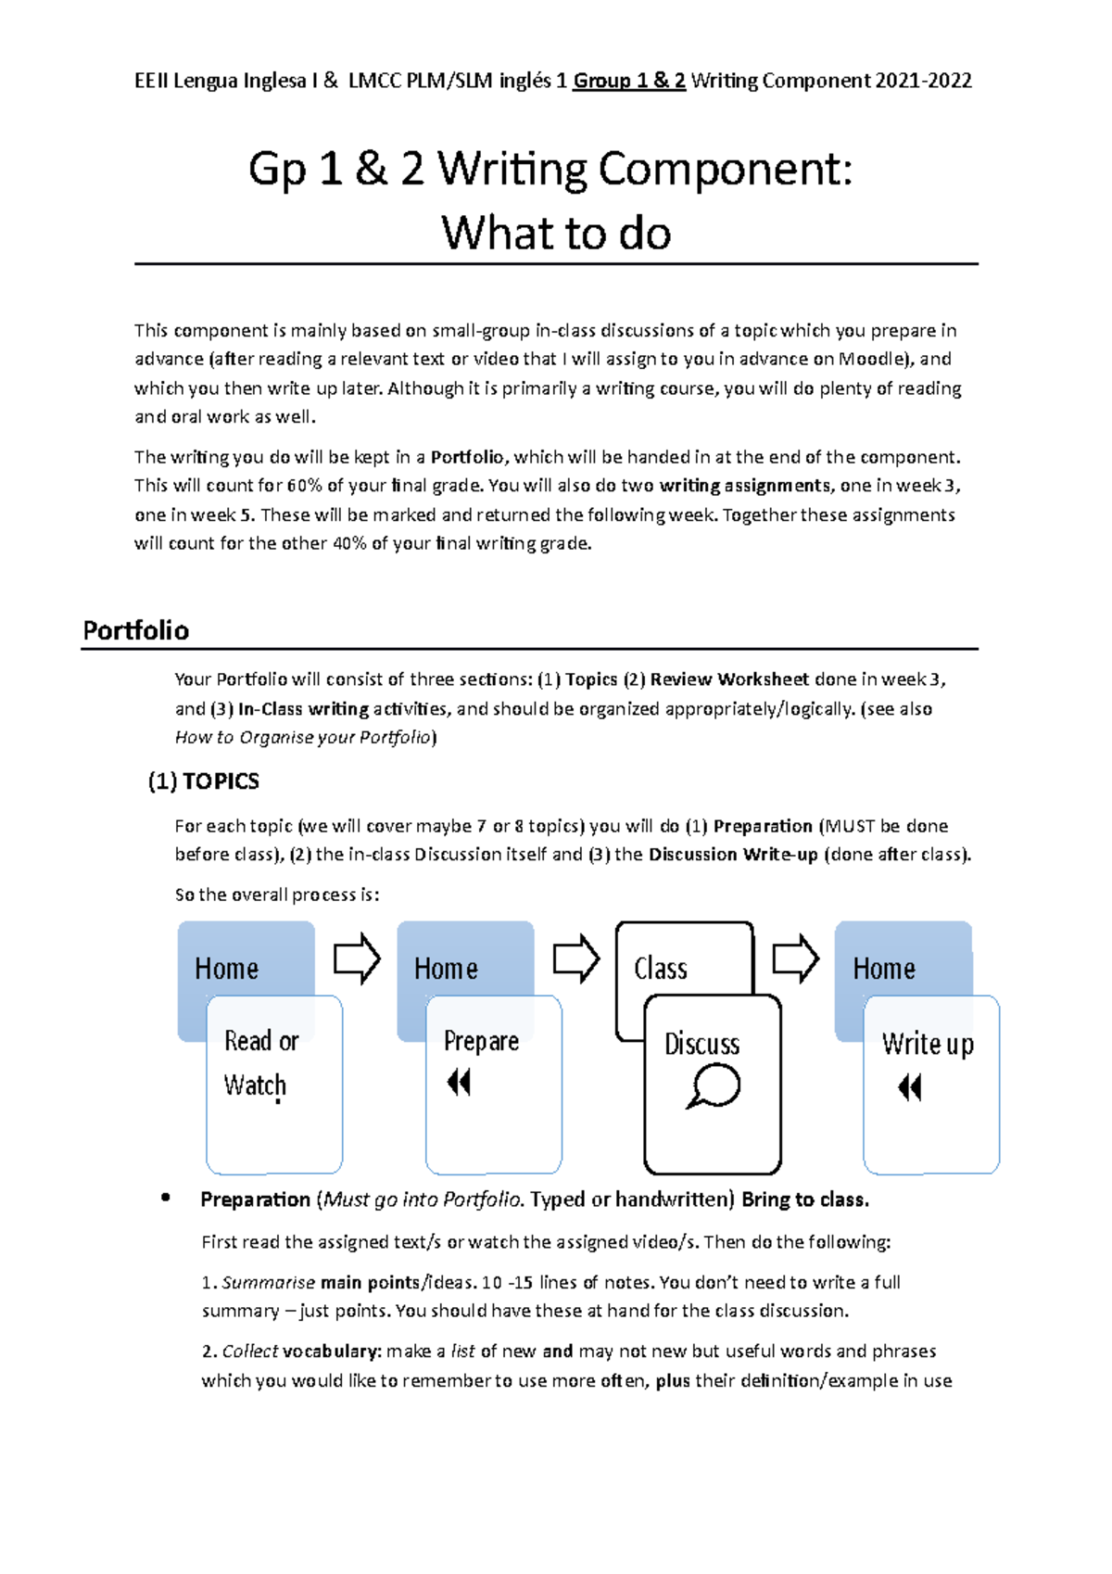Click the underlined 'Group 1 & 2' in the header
[629, 81]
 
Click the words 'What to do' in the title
[556, 233]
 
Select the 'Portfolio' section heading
[136, 630]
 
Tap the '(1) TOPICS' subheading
[204, 781]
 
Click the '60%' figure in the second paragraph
[305, 486]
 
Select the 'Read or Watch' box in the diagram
[273, 1083]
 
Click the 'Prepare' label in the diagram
[481, 1041]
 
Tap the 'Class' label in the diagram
[661, 969]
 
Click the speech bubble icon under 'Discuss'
[714, 1085]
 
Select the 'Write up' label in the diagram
[928, 1044]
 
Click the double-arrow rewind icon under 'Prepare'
[460, 1082]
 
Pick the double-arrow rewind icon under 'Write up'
[910, 1087]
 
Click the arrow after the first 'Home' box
[357, 958]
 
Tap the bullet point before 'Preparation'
[166, 1198]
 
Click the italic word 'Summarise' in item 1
[269, 1283]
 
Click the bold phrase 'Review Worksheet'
[729, 679]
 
